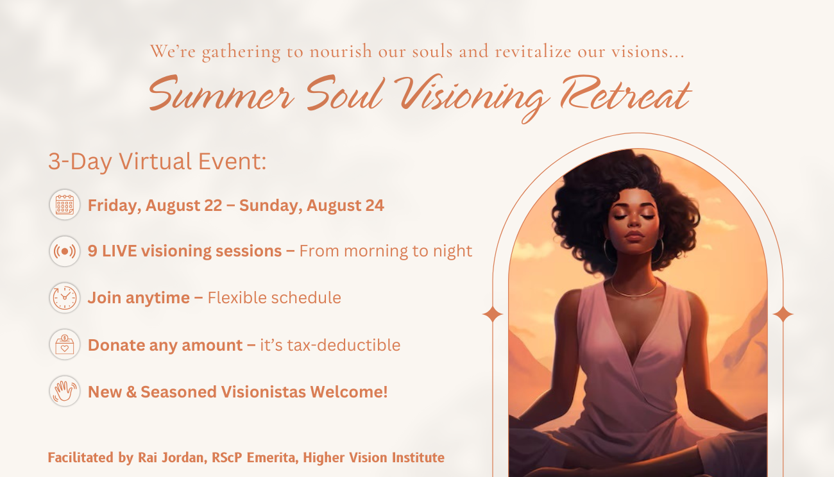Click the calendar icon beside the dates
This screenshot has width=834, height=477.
(64, 205)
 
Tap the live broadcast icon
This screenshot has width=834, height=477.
(64, 251)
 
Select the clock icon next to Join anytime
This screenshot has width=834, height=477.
(64, 297)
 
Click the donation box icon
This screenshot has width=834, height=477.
(64, 344)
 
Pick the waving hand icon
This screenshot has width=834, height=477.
(64, 391)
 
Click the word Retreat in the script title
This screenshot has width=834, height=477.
(626, 94)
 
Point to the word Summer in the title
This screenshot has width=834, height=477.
(221, 94)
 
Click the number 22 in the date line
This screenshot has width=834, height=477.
(213, 205)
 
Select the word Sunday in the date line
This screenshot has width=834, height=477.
(270, 206)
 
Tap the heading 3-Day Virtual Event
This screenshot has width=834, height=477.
(157, 162)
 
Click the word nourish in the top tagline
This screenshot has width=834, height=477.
(341, 51)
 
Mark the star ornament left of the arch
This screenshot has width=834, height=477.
(493, 314)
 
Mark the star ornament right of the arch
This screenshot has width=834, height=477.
(783, 314)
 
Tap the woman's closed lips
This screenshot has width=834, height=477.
(634, 236)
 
